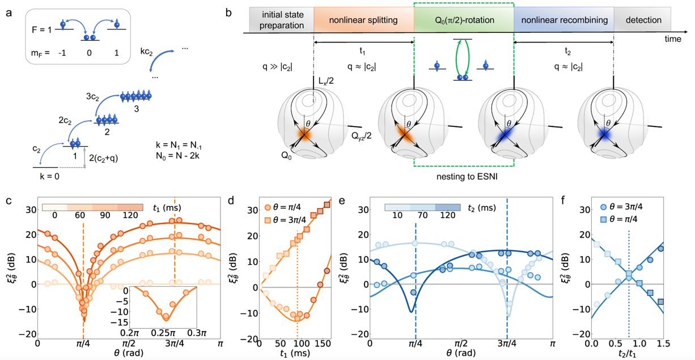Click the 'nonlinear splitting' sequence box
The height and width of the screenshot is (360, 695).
363,20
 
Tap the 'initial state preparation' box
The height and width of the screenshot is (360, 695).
281,20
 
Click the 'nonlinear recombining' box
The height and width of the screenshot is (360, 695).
563,20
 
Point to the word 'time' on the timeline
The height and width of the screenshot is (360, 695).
673,39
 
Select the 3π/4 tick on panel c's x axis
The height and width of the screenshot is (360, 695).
175,344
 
